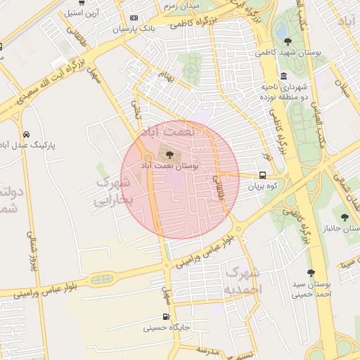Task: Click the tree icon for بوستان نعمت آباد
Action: coord(169,154)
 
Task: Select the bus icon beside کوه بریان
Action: coord(262,176)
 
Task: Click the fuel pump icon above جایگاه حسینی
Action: coord(166,316)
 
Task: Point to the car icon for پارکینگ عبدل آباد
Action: coord(26,134)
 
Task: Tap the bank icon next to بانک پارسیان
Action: coord(134,18)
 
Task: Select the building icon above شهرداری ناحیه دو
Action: coord(283,77)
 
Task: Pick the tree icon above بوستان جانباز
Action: coord(344,217)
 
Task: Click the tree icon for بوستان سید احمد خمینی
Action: coord(311,272)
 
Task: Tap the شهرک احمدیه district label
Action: coord(243,281)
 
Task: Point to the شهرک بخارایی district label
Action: coord(112,191)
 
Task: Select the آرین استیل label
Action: coord(83,13)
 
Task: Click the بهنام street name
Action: coord(166,76)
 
